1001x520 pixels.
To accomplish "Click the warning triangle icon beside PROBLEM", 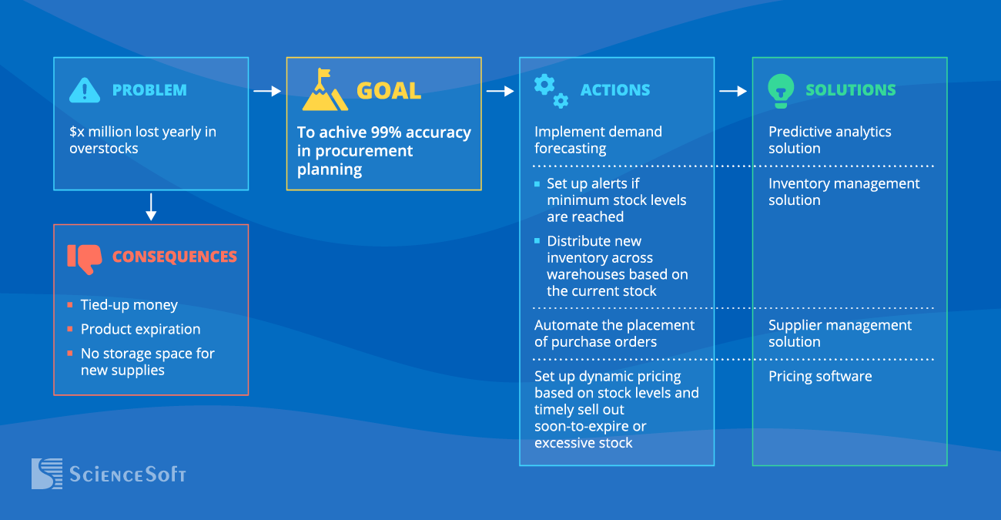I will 85,90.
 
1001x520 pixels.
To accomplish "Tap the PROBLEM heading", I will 149,90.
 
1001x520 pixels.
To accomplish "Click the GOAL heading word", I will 389,90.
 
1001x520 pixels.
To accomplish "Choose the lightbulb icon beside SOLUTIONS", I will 781,91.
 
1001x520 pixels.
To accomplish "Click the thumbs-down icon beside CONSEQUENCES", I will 85,258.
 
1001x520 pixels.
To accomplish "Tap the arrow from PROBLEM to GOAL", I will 267,91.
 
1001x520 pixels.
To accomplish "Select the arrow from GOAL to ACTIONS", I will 500,91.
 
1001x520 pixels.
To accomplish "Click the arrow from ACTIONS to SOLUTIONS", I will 733,91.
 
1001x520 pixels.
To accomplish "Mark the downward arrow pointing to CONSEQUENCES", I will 151,206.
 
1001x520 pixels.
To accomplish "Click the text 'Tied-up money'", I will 129,305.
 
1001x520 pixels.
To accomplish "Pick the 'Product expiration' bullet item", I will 140,329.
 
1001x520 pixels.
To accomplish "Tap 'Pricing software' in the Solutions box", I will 820,376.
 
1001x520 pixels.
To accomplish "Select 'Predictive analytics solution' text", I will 829,140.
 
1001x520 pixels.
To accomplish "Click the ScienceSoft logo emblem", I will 46,474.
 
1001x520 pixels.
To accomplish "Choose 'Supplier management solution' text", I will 839,334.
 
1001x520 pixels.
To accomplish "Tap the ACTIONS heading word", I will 614,90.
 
